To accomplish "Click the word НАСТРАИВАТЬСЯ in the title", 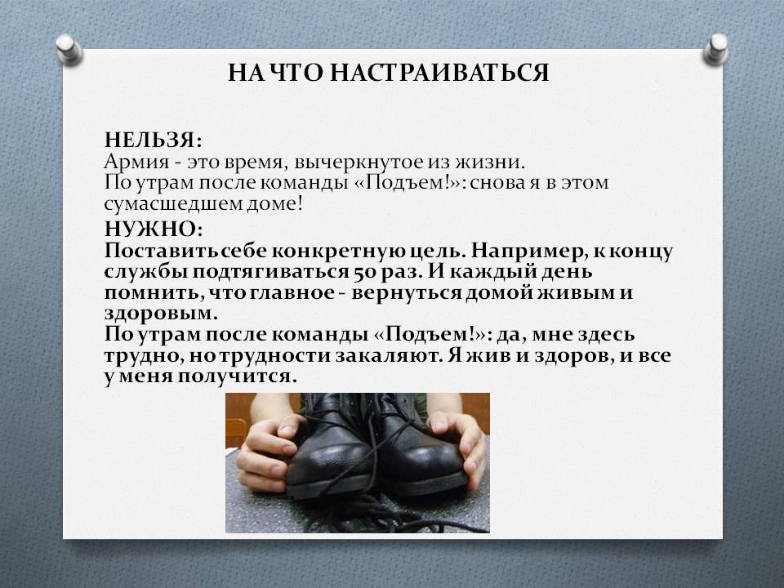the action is [439, 73].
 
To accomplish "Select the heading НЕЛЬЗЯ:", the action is [153, 140].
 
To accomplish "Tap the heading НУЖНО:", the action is [154, 229].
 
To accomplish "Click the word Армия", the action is [137, 163].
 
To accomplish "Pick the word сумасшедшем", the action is [172, 204].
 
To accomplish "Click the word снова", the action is [497, 183].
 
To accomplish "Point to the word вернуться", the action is [406, 293].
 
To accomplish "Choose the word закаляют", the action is [389, 356].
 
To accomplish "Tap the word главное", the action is [291, 293].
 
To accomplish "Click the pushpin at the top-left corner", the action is [69, 49].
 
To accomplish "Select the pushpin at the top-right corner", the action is [715, 49].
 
